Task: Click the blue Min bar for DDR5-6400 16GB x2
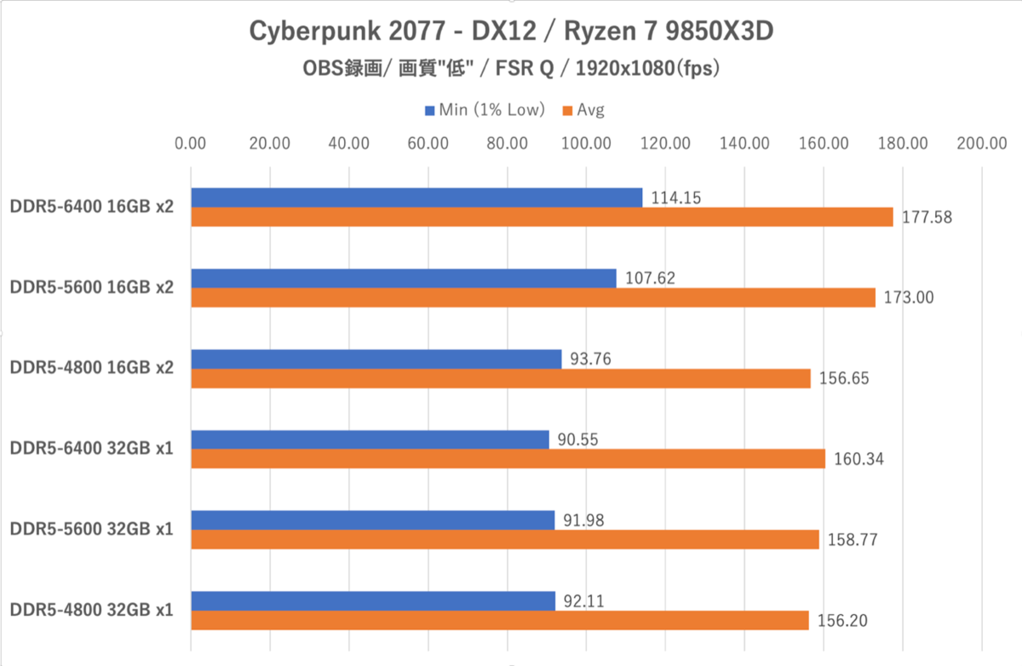pyautogui.click(x=416, y=198)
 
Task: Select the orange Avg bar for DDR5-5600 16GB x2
pyautogui.click(x=533, y=297)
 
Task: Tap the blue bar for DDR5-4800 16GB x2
pyautogui.click(x=376, y=359)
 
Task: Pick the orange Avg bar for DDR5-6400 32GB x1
pyautogui.click(x=508, y=458)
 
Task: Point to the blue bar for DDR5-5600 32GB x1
pyautogui.click(x=373, y=520)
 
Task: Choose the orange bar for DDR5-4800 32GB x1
pyautogui.click(x=500, y=620)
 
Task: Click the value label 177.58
pyautogui.click(x=927, y=217)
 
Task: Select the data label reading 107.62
pyautogui.click(x=650, y=278)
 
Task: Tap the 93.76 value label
pyautogui.click(x=590, y=359)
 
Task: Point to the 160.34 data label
pyautogui.click(x=859, y=459)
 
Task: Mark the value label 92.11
pyautogui.click(x=584, y=601)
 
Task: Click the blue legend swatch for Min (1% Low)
pyautogui.click(x=429, y=111)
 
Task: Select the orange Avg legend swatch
pyautogui.click(x=567, y=111)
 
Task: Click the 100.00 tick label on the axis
pyautogui.click(x=586, y=143)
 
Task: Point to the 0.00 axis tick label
pyautogui.click(x=190, y=143)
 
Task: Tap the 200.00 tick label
pyautogui.click(x=982, y=143)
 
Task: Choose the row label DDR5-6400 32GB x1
pyautogui.click(x=92, y=449)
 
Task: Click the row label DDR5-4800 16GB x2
pyautogui.click(x=92, y=368)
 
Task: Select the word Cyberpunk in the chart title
pyautogui.click(x=315, y=32)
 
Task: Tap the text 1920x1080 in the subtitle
pyautogui.click(x=625, y=68)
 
